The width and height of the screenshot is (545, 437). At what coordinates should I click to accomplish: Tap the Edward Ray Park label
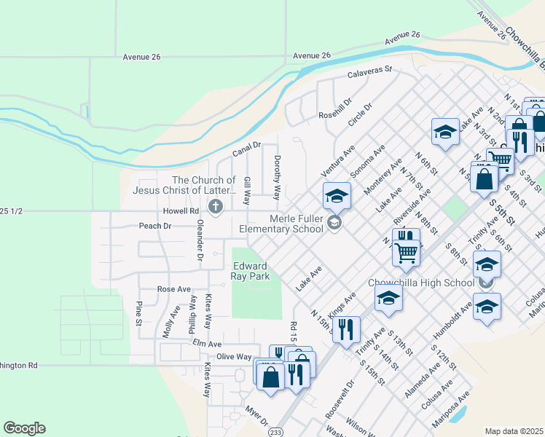pos(251,271)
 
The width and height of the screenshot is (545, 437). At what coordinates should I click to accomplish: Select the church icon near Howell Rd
pos(215,208)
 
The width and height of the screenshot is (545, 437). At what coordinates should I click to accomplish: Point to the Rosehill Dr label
pos(335,109)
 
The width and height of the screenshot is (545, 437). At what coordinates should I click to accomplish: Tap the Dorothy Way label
pos(277,177)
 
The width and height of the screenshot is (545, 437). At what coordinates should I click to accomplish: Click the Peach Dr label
pos(154,226)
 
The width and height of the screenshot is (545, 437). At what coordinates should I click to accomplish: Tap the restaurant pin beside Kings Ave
pos(346,328)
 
